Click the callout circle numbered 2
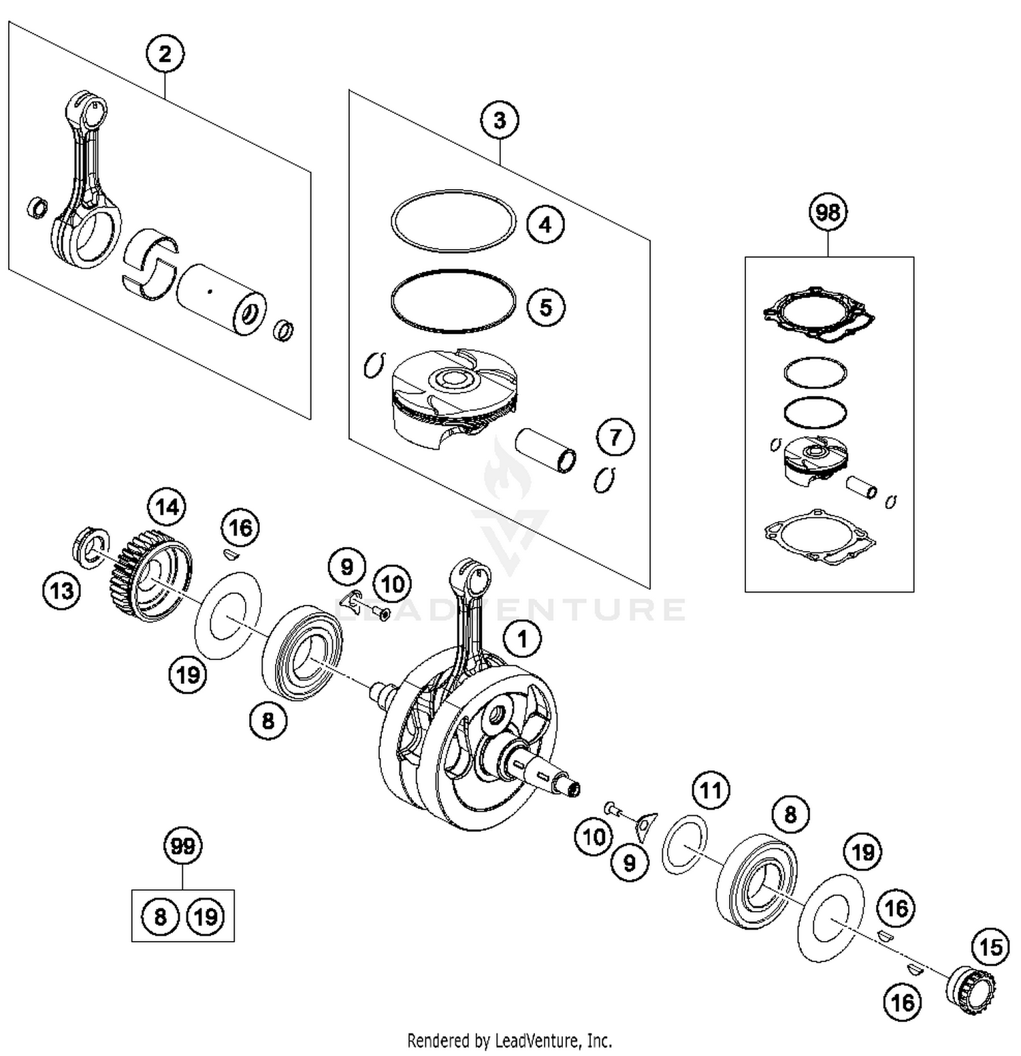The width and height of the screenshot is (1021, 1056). click(x=165, y=54)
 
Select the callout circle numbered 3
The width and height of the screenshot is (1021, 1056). click(x=499, y=120)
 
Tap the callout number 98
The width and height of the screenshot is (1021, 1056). click(x=827, y=212)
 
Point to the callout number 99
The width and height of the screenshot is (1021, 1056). click(x=183, y=846)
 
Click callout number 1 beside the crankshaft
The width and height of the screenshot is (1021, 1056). click(x=522, y=639)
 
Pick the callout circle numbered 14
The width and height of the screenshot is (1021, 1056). click(x=167, y=507)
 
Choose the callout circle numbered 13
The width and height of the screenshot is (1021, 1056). click(x=62, y=590)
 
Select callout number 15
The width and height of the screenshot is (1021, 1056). click(x=990, y=947)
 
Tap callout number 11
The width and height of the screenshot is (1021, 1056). click(x=711, y=791)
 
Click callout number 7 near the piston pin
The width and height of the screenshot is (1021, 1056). click(x=615, y=437)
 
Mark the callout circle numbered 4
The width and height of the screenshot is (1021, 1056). click(x=545, y=224)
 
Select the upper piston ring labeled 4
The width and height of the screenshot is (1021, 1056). click(x=453, y=220)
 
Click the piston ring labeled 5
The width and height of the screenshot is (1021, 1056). click(x=453, y=301)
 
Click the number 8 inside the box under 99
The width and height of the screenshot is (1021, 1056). click(x=160, y=917)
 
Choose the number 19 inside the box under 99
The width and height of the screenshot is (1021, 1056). click(x=206, y=917)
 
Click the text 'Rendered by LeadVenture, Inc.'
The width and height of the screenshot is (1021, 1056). click(x=509, y=1040)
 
